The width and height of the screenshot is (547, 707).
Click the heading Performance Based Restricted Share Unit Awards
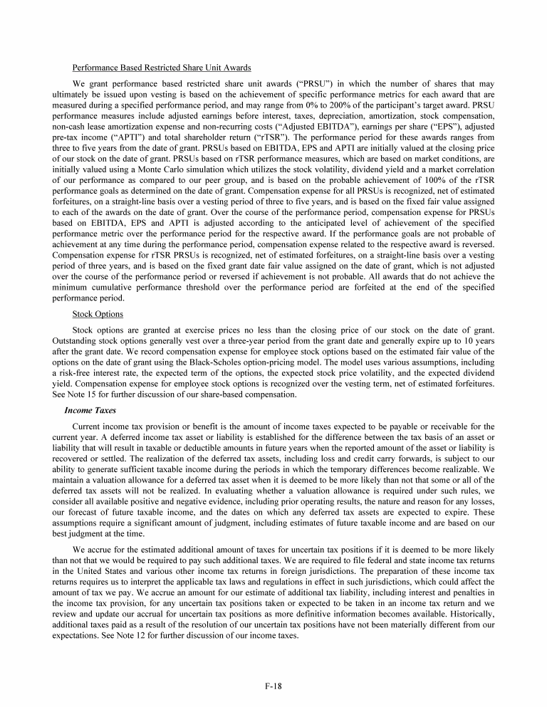pos(161,68)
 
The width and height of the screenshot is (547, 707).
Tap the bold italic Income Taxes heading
pos(88,410)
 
